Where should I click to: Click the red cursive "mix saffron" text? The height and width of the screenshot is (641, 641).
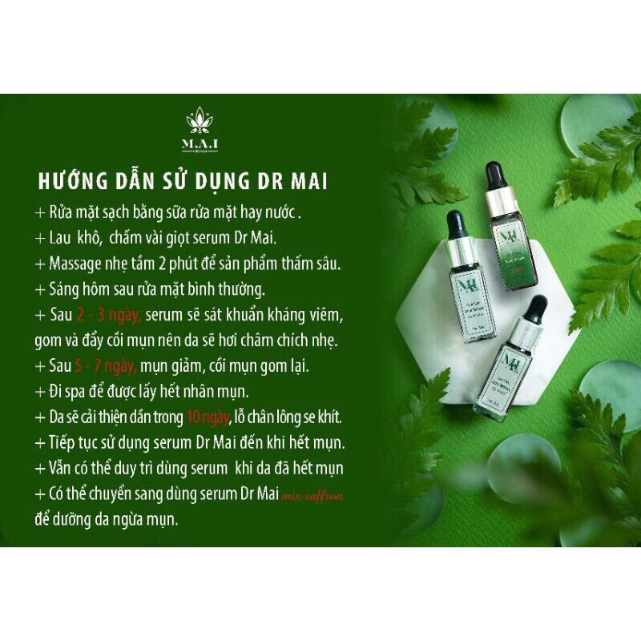[313, 497]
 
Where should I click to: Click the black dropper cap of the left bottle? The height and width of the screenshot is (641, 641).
[455, 226]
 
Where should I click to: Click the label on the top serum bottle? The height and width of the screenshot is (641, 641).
[510, 252]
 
